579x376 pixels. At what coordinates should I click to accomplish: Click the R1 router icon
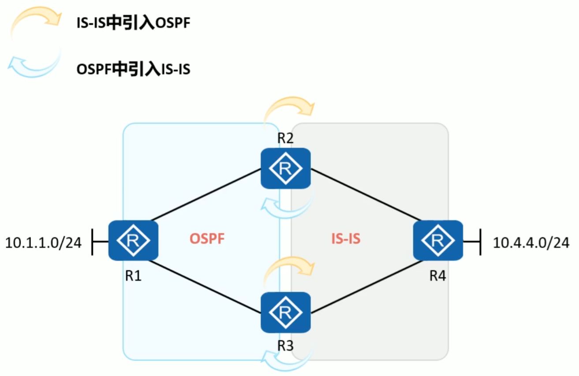(x=133, y=240)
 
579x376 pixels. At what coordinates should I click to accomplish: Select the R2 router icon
(x=285, y=168)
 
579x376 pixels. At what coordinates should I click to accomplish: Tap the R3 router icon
(x=285, y=313)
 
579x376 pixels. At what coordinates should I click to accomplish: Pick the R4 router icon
(x=438, y=240)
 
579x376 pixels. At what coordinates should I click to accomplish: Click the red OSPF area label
(x=207, y=239)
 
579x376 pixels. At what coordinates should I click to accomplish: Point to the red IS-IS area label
(x=346, y=239)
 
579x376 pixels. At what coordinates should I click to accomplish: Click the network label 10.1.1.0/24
(x=43, y=242)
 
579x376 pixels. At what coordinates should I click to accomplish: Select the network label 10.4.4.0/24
(x=530, y=242)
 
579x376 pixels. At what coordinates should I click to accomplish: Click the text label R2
(x=285, y=138)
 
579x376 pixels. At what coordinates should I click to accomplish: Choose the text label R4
(x=437, y=276)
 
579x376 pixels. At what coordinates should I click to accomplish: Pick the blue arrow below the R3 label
(x=287, y=359)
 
